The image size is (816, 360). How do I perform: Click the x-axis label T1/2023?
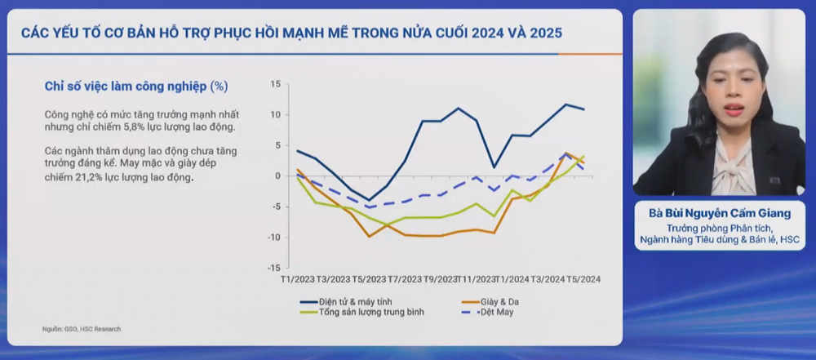point(296,280)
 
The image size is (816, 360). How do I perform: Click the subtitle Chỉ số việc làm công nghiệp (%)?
point(135,86)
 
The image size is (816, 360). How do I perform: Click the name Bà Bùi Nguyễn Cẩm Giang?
point(720,214)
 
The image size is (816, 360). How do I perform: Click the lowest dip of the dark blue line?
point(369,200)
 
